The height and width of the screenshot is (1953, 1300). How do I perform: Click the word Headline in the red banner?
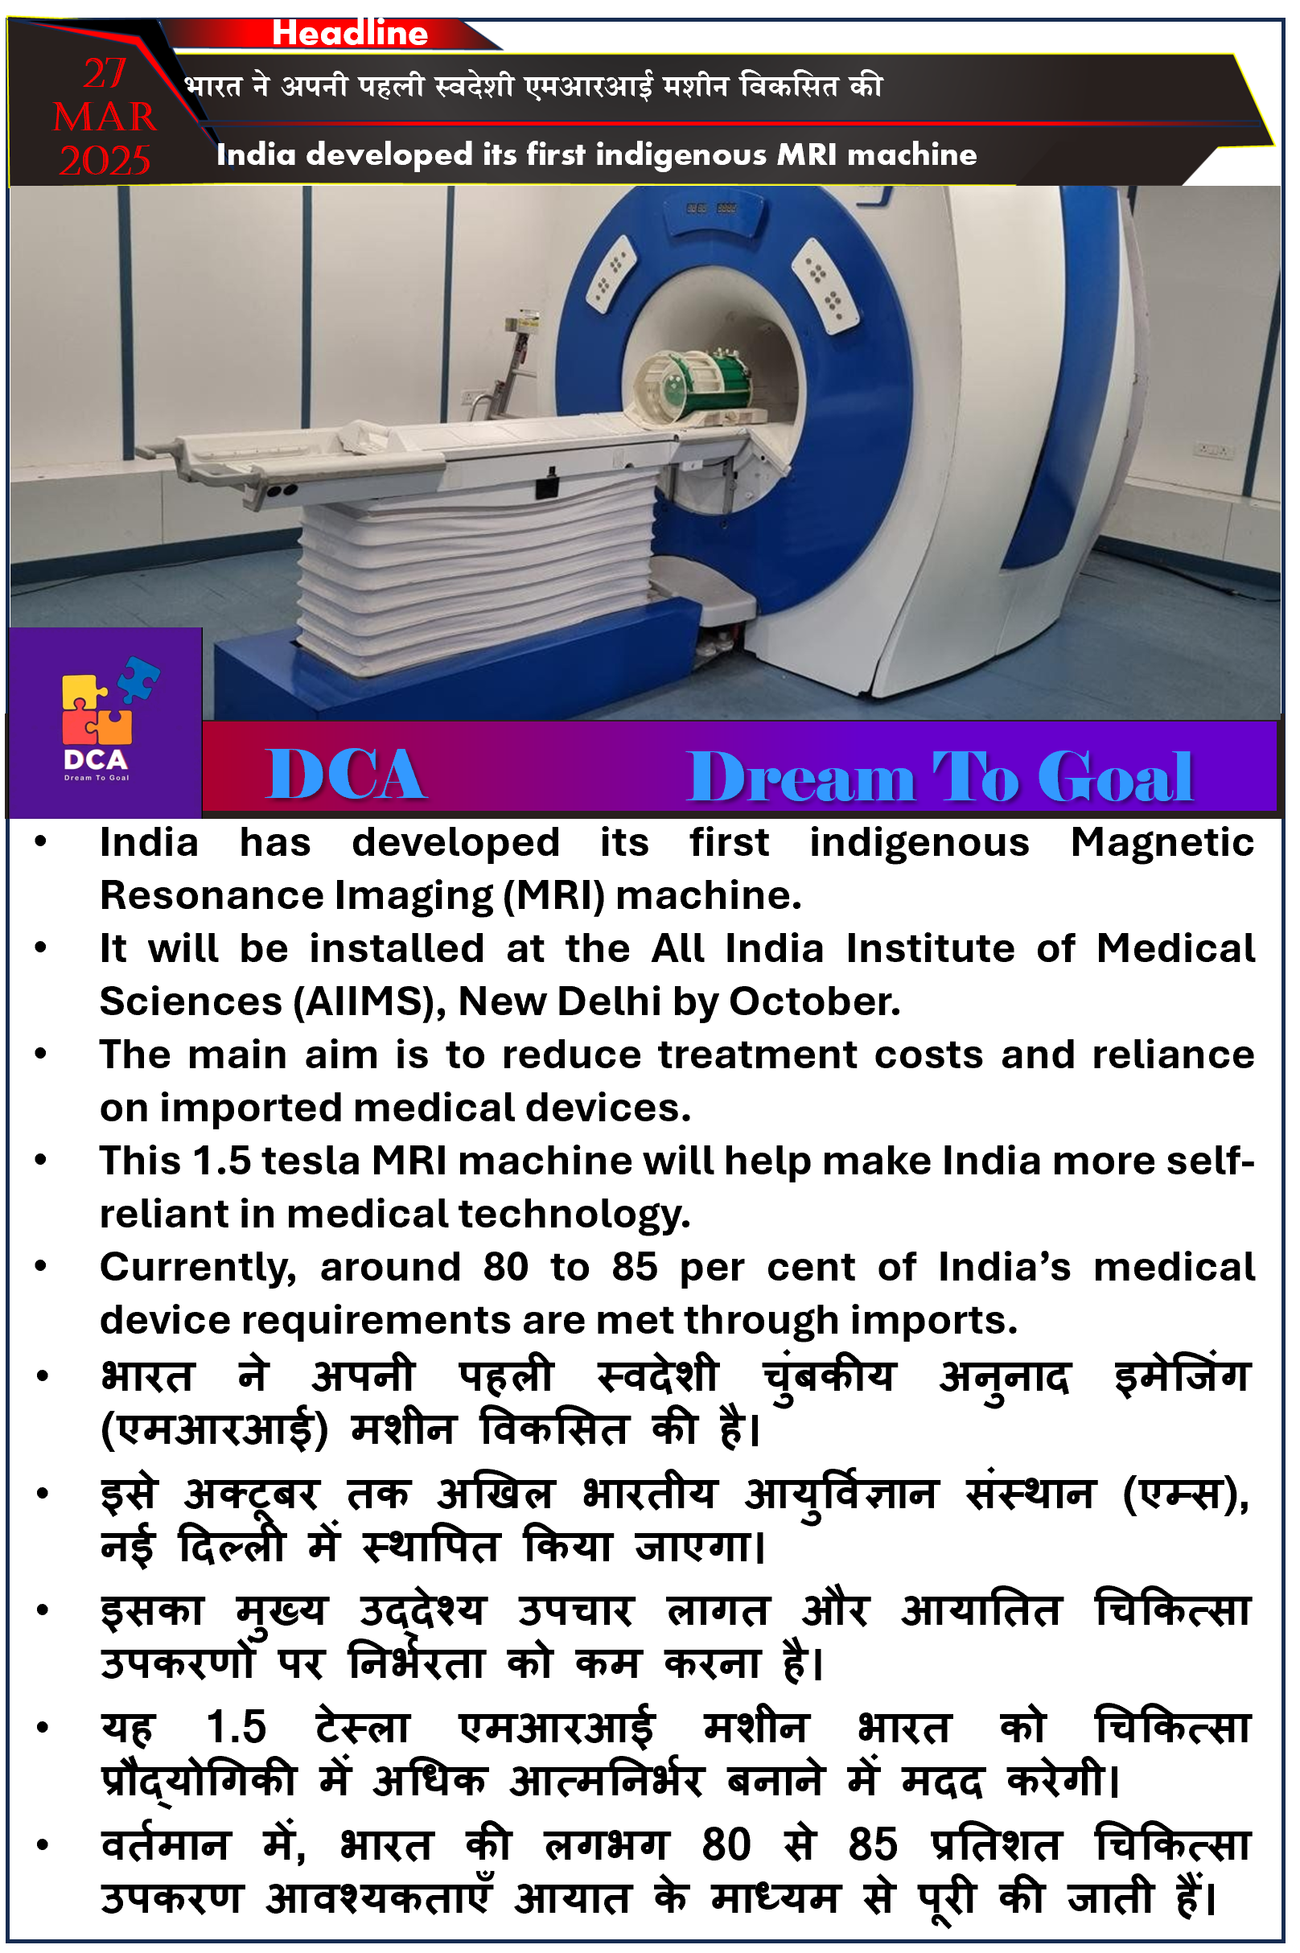[350, 33]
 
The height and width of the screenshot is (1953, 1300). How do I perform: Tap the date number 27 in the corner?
[105, 74]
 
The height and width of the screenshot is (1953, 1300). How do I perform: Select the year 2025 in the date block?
[105, 161]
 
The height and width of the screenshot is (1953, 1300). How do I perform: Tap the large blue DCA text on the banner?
[346, 775]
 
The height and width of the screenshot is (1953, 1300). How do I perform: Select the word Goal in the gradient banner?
[1115, 777]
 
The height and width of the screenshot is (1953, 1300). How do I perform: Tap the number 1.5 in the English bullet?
[221, 1162]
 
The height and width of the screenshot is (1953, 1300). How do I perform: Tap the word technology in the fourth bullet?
[574, 1216]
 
